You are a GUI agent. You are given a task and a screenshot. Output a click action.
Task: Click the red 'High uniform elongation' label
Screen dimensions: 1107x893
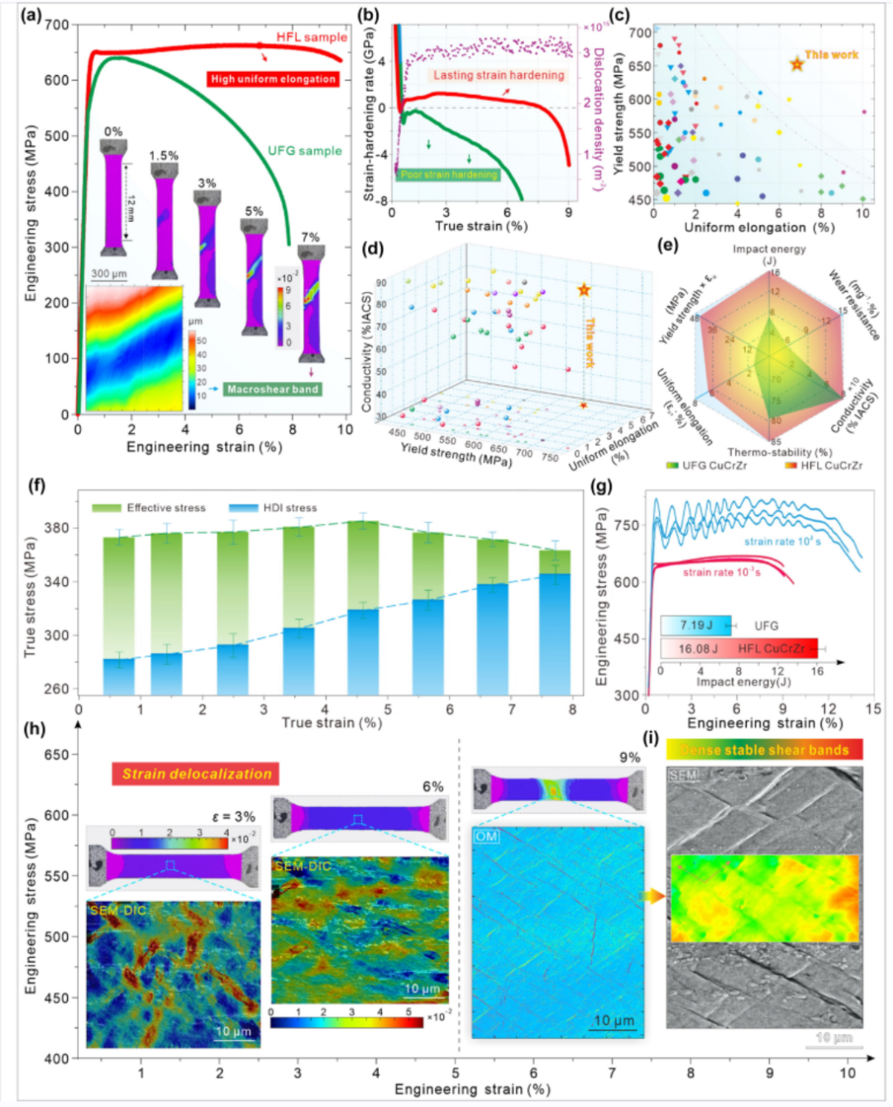[273, 79]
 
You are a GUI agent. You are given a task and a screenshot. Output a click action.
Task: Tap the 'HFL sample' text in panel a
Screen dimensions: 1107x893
[312, 37]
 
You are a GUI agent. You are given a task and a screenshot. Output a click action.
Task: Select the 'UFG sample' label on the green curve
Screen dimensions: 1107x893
[304, 150]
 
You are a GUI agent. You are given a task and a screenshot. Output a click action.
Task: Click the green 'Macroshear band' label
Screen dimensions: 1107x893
[272, 389]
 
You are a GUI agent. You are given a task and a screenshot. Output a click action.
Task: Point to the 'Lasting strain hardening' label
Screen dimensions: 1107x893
[499, 75]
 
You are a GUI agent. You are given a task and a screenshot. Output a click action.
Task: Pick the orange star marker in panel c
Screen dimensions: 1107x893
[796, 64]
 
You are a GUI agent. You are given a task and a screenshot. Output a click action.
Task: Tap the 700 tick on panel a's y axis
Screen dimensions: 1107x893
[57, 26]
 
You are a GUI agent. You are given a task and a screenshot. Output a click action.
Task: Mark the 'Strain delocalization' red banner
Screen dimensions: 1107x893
[196, 774]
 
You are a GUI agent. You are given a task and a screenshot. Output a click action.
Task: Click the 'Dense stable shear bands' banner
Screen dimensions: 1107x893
[764, 750]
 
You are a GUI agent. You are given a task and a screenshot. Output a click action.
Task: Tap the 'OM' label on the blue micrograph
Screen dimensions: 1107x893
[486, 837]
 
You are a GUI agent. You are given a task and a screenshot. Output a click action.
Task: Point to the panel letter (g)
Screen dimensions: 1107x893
[602, 485]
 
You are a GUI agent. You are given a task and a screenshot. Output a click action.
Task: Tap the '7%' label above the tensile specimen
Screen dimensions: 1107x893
[310, 237]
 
